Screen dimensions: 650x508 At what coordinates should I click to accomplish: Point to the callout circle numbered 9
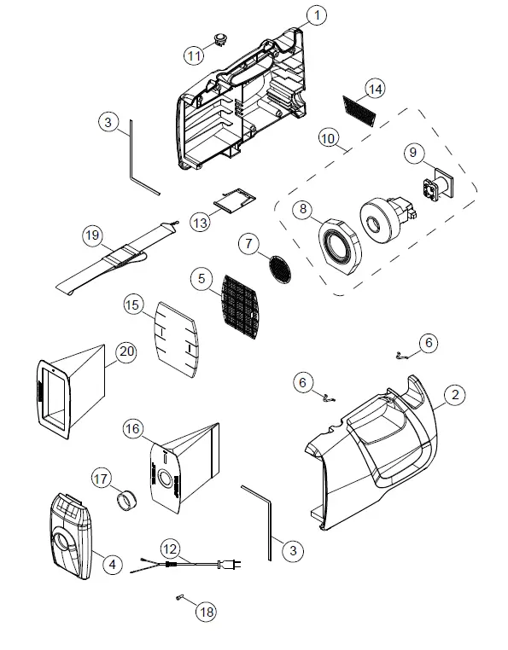click(x=412, y=153)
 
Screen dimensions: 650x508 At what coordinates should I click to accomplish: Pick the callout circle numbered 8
click(x=302, y=208)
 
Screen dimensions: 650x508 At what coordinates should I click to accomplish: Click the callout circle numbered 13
click(x=199, y=223)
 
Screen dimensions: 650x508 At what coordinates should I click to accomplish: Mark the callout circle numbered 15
click(x=132, y=304)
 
